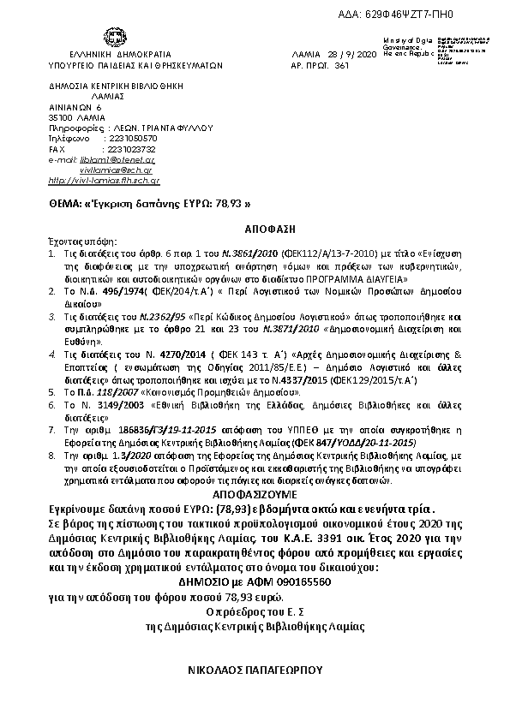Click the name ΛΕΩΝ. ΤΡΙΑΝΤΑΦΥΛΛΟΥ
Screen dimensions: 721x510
click(155, 127)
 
